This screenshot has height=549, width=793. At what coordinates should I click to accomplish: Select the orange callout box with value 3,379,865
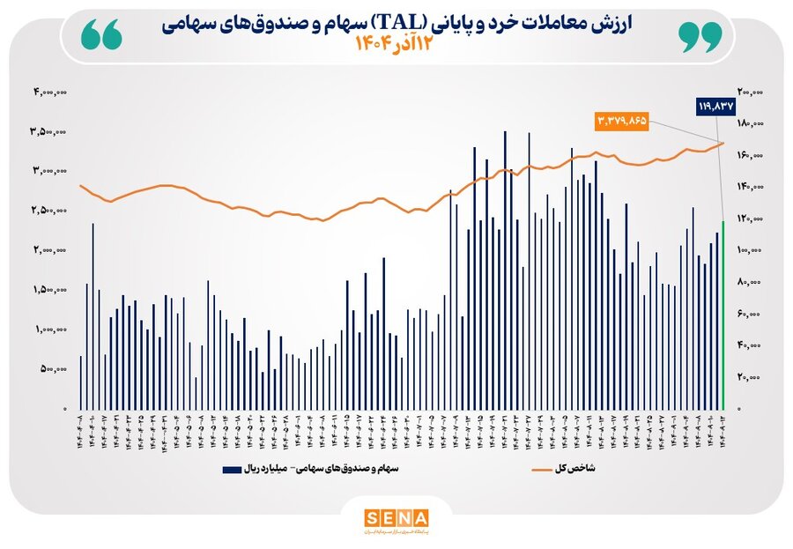(x=622, y=120)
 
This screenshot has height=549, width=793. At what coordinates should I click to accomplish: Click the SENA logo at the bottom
(x=396, y=517)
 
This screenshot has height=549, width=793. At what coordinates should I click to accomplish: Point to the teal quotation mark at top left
(x=100, y=36)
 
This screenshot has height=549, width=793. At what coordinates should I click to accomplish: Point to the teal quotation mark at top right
(x=700, y=36)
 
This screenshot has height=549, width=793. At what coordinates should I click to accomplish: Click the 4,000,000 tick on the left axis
(x=50, y=92)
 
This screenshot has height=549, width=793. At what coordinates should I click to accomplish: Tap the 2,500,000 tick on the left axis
(x=50, y=211)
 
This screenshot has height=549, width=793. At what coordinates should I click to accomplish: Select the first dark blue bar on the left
(x=80, y=382)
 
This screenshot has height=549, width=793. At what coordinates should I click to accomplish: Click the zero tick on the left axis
(x=63, y=410)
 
